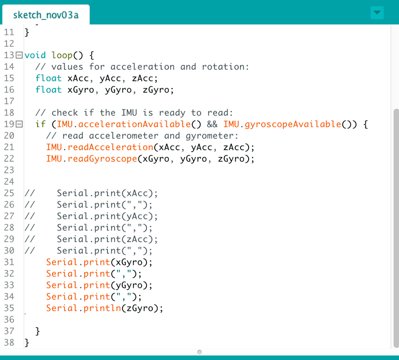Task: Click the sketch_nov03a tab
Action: click(x=46, y=15)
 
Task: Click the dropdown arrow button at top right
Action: click(x=377, y=13)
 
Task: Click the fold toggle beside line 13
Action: click(x=19, y=55)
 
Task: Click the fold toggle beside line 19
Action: click(x=19, y=124)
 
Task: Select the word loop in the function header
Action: click(x=62, y=55)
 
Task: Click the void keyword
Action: click(x=35, y=55)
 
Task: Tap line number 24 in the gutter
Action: click(x=9, y=181)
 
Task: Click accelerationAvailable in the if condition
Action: click(x=134, y=124)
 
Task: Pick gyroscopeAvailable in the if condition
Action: click(x=293, y=124)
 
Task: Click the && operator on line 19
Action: click(x=212, y=124)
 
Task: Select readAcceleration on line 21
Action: click(x=110, y=147)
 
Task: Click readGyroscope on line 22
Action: click(x=102, y=159)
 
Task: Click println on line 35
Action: click(x=102, y=308)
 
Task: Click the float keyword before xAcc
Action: click(x=49, y=78)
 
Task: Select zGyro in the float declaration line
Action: click(x=156, y=90)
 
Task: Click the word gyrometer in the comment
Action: click(x=210, y=136)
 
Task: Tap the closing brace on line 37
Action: click(x=38, y=331)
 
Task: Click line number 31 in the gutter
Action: click(x=9, y=262)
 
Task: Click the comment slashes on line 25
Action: click(x=30, y=193)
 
